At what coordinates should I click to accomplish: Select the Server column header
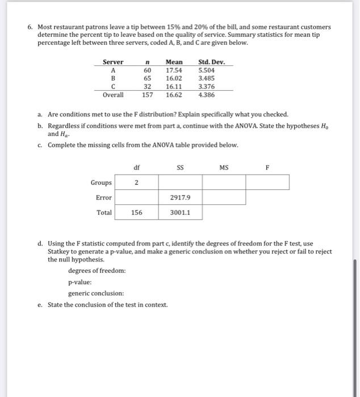tap(112, 62)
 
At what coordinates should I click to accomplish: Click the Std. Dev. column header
tap(211, 62)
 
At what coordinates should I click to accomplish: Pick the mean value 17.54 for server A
tap(174, 70)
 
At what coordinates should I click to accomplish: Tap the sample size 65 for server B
tap(147, 78)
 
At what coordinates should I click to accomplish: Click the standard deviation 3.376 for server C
tap(206, 87)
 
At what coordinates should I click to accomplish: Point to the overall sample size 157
tap(147, 95)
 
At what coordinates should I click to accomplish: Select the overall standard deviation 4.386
tap(206, 95)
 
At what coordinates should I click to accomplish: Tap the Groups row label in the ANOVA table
tap(101, 183)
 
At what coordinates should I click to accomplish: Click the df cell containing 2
tap(136, 183)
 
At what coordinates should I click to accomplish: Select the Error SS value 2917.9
tap(180, 197)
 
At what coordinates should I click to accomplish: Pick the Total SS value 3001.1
tap(180, 213)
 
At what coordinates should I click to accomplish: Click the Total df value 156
tap(136, 213)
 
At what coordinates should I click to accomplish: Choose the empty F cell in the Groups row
tap(267, 183)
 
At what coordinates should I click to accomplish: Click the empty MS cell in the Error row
tap(224, 197)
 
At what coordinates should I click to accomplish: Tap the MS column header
tap(224, 167)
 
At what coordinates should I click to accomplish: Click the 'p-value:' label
tap(80, 282)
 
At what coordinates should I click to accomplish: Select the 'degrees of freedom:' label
tap(97, 271)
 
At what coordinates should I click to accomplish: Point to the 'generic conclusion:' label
tap(96, 293)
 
